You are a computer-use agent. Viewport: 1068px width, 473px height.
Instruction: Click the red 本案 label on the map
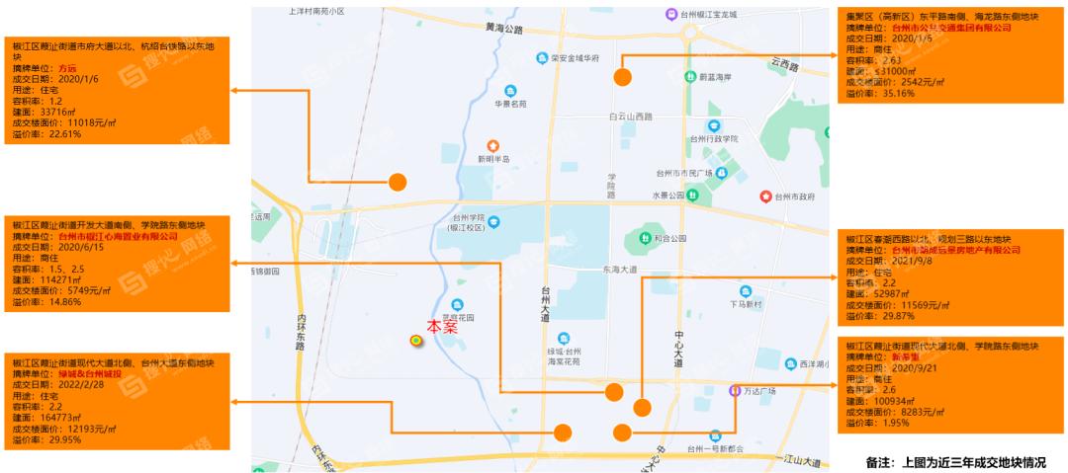pos(441,327)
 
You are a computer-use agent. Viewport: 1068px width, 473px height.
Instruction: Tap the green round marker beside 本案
pos(416,340)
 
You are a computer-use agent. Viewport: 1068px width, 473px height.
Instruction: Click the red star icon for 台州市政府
pos(764,197)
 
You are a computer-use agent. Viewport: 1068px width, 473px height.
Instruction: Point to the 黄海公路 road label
pos(503,30)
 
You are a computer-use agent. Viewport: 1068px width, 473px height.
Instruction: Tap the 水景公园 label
pos(667,196)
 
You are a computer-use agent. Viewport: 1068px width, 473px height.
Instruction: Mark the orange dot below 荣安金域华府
pos(622,76)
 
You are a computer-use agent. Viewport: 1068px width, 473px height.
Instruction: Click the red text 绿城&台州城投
pos(89,374)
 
